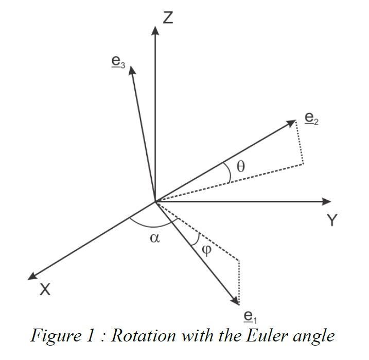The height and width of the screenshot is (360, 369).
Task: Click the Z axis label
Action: click(168, 19)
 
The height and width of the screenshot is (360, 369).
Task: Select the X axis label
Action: click(45, 290)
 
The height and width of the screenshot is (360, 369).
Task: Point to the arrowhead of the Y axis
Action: click(325, 201)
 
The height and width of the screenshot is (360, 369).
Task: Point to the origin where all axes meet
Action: click(155, 201)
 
